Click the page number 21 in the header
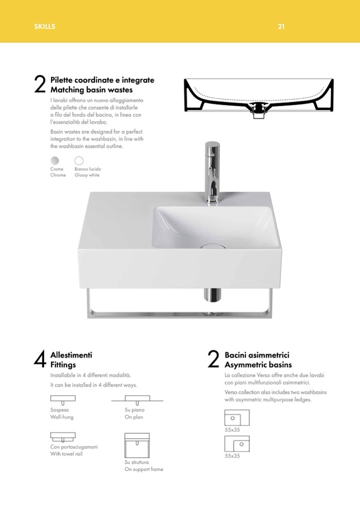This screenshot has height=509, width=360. click(281, 27)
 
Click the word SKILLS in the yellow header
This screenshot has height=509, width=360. click(45, 27)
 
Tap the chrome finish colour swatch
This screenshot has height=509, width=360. click(55, 161)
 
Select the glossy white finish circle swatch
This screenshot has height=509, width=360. click(79, 161)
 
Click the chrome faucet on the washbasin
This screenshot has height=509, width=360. click(212, 172)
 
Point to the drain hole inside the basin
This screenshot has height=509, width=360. click(213, 246)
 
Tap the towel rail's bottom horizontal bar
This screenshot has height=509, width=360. click(179, 314)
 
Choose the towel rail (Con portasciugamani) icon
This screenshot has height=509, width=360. click(63, 437)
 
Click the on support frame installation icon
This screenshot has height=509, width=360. click(137, 445)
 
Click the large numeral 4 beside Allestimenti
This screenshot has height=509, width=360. click(40, 359)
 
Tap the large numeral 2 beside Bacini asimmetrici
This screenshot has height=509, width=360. click(213, 359)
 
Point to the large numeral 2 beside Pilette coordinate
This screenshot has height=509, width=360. click(40, 84)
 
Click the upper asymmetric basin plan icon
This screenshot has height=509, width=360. click(237, 418)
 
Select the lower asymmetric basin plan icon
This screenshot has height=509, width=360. click(237, 444)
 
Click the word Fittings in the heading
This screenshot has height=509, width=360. click(63, 365)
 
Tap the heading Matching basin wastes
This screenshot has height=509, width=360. click(91, 90)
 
